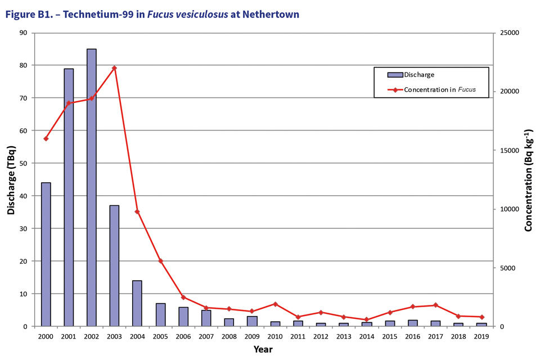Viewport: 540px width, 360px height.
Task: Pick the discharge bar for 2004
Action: pos(137,303)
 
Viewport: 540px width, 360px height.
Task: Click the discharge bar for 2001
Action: pos(69,197)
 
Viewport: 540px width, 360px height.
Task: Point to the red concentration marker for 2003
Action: pos(114,68)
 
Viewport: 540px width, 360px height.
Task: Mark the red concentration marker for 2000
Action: pos(46,138)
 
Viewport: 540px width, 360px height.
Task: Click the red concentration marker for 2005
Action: pos(160,261)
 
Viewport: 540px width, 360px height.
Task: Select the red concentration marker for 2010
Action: pos(275,304)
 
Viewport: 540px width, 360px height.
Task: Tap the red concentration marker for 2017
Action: pos(435,305)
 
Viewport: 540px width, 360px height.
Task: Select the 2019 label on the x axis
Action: pos(481,336)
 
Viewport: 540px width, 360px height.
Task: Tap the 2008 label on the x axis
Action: pos(229,336)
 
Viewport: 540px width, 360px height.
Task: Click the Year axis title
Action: pos(263,349)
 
